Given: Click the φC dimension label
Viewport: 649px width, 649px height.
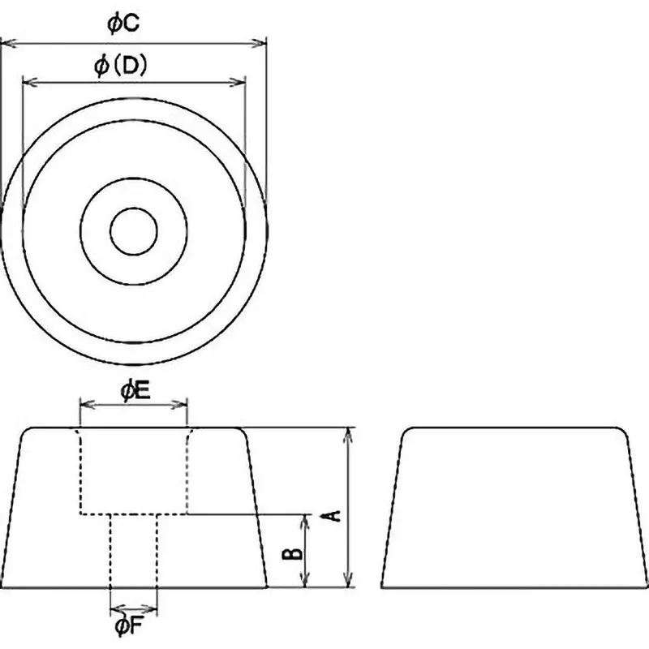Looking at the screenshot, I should [x=124, y=24].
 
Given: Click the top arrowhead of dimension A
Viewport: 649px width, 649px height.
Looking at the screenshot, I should [x=349, y=433].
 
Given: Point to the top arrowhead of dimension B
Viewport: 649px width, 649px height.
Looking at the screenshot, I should [x=306, y=519].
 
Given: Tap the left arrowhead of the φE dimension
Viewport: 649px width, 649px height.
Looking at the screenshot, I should [x=84, y=403].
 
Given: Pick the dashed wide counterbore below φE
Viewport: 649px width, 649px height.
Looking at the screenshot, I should [x=134, y=472].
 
